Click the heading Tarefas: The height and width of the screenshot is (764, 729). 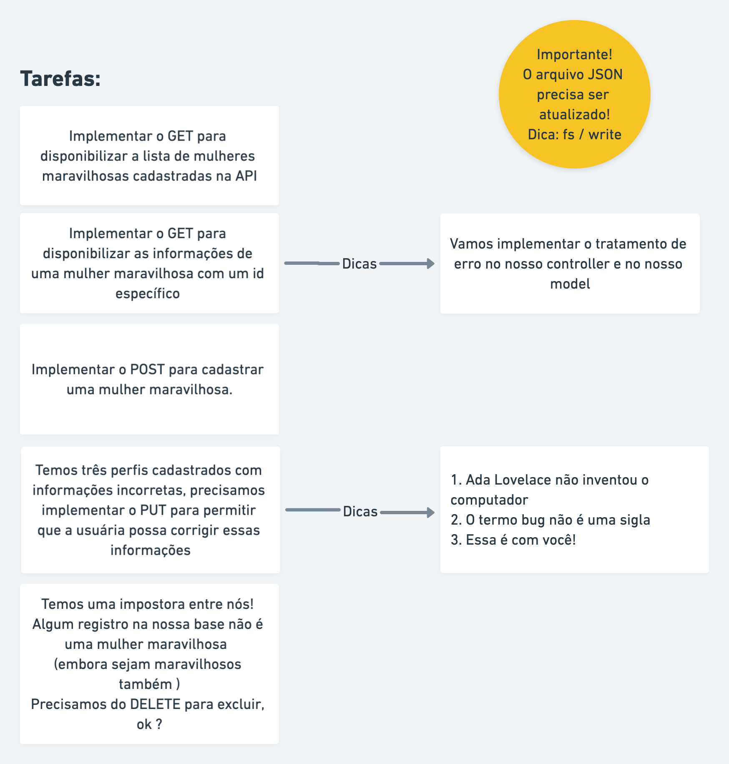[60, 78]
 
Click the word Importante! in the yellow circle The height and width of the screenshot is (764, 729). [574, 55]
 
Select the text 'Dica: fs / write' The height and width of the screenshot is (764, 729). [574, 135]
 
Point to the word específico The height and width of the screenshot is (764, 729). [148, 294]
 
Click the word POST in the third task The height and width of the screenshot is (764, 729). [148, 369]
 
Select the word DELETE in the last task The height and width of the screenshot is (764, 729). [155, 704]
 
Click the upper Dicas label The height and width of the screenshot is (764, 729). [359, 264]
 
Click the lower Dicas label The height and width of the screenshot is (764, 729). [360, 512]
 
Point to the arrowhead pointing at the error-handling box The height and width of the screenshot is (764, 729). [430, 264]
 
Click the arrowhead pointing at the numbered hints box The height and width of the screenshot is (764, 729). [430, 513]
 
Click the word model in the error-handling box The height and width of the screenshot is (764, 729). [570, 284]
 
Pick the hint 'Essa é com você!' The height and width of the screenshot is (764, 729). [520, 540]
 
